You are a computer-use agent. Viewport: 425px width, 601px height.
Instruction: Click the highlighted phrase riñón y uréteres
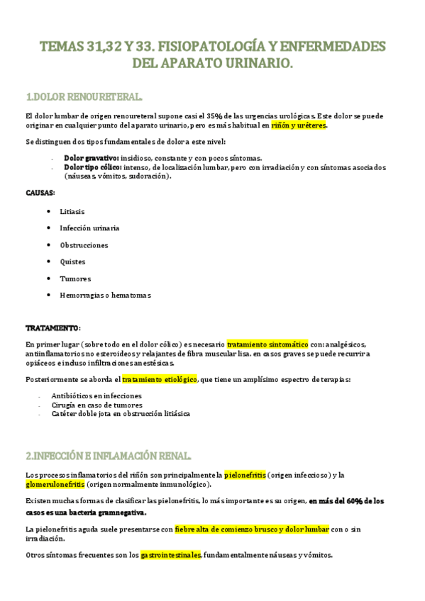[x=298, y=125]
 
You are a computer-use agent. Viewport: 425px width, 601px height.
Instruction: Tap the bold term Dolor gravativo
[x=92, y=158]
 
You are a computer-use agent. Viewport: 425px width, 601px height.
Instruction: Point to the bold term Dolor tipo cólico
[x=93, y=167]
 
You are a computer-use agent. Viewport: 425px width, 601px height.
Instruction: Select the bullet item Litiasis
[x=72, y=211]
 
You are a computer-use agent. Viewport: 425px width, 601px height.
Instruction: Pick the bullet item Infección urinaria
[x=89, y=228]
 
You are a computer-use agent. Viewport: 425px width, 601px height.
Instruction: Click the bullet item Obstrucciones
[x=84, y=245]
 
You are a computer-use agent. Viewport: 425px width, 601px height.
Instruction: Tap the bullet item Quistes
[x=72, y=262]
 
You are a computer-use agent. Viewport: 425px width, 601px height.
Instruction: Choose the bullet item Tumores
[x=75, y=279]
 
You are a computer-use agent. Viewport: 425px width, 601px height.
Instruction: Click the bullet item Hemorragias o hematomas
[x=105, y=295]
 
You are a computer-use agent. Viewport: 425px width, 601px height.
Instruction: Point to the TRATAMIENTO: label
[x=53, y=328]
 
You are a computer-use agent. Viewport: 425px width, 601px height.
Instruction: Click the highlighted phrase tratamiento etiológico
[x=160, y=379]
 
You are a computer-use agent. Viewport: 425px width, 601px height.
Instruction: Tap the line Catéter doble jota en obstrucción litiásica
[x=121, y=413]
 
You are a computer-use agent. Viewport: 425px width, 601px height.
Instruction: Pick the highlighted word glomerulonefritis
[x=55, y=484]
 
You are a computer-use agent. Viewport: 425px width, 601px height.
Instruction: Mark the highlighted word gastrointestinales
[x=171, y=554]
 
